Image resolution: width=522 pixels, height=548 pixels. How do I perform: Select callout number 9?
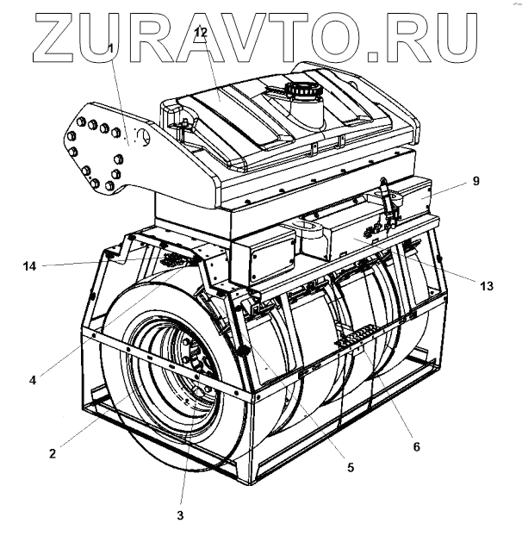pos(475,182)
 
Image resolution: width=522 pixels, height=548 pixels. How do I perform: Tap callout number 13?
pos(488,285)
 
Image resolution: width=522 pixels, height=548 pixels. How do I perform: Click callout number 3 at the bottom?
pos(180,515)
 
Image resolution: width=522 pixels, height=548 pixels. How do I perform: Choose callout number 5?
pos(351,468)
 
